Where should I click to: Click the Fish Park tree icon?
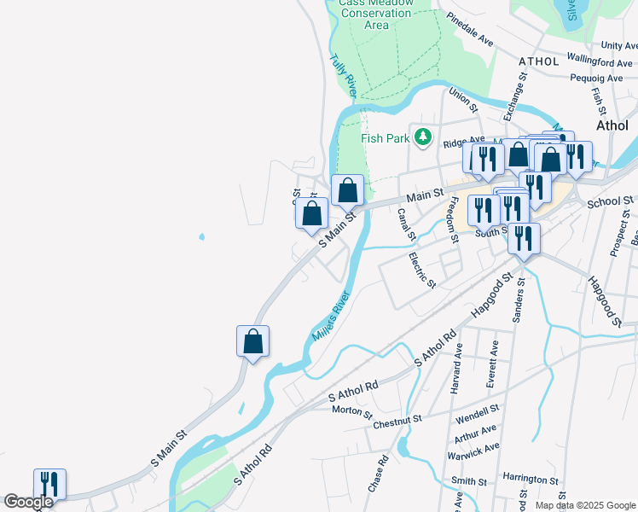(422, 137)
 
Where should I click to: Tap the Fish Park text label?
(384, 138)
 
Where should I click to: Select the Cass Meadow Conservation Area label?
(376, 14)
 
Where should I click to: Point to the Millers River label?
(332, 317)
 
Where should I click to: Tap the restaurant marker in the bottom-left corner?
(49, 484)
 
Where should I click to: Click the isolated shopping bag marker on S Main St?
(252, 341)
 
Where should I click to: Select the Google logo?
(28, 502)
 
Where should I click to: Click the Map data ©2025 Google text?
(583, 505)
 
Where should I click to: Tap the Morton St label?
(352, 412)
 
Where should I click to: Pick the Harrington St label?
(530, 480)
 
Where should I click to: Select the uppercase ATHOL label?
(539, 61)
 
